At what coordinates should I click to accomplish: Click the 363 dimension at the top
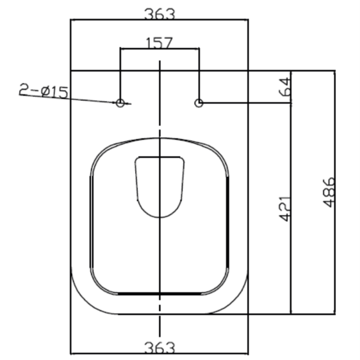click(x=160, y=14)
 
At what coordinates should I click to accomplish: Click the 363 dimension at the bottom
click(x=160, y=348)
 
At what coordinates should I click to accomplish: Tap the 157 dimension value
click(x=159, y=43)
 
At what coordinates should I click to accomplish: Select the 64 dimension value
click(x=284, y=87)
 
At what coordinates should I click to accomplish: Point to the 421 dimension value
click(x=284, y=208)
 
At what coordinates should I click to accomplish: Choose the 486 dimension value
click(x=329, y=193)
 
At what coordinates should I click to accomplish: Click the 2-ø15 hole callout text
click(x=43, y=91)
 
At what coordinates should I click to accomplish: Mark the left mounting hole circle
click(x=120, y=103)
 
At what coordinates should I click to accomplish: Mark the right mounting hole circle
click(x=199, y=103)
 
